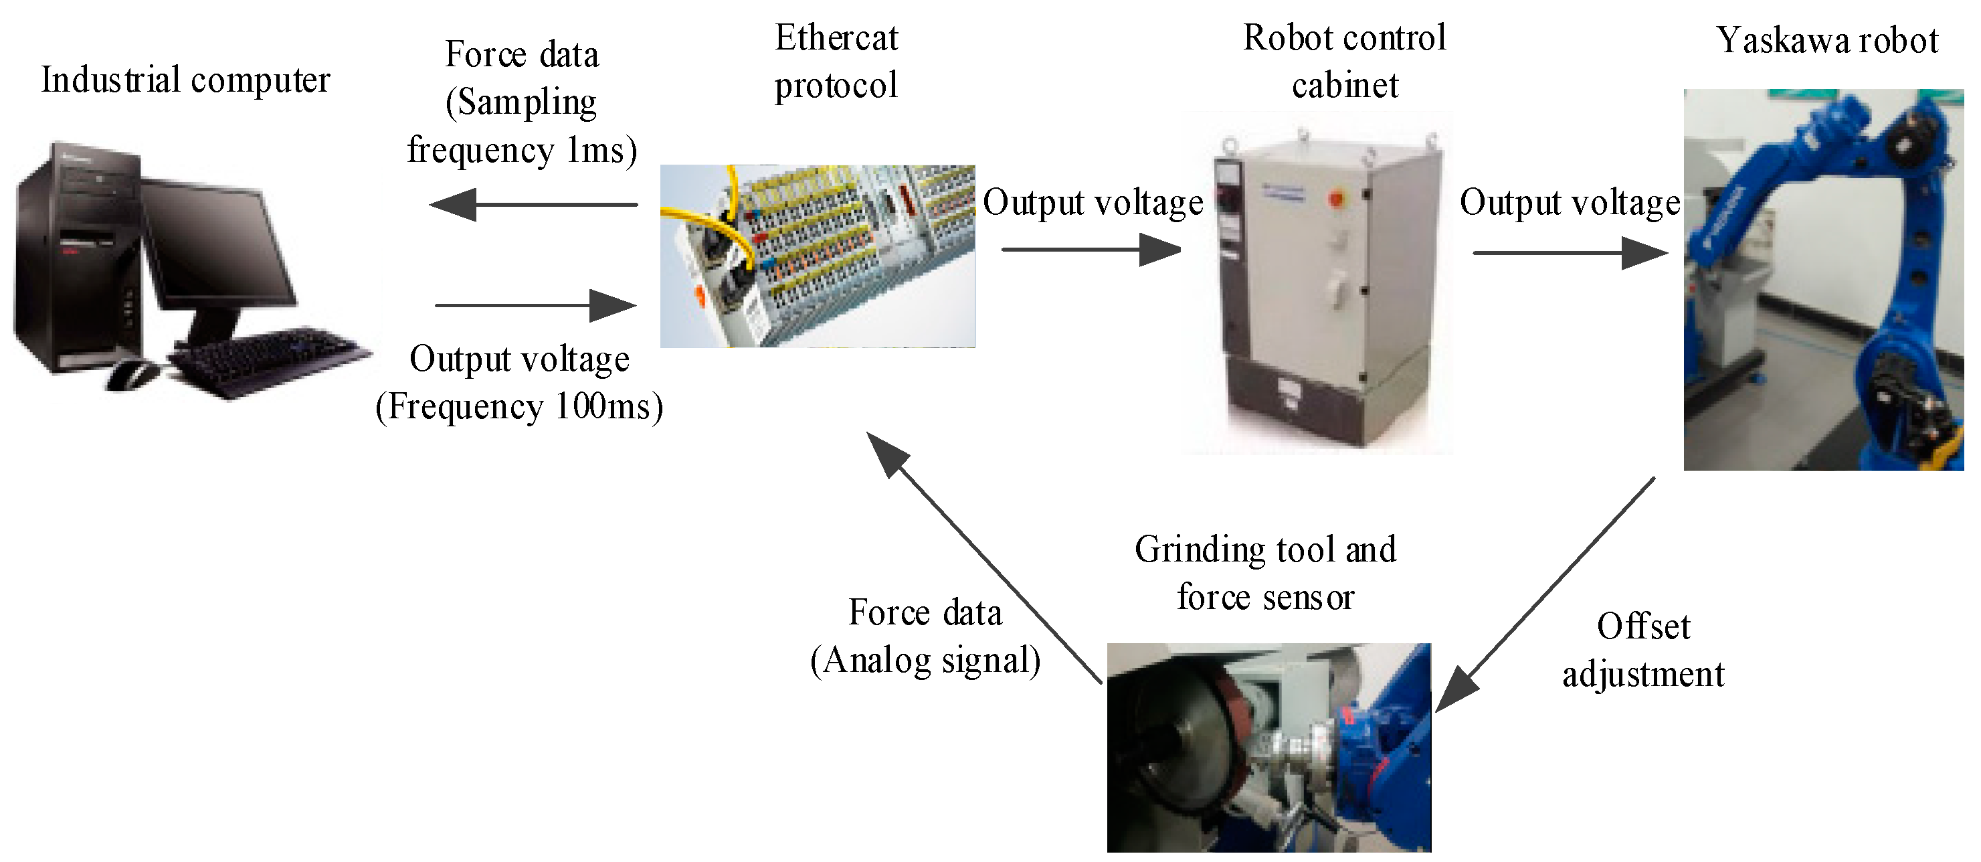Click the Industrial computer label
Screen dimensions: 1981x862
coord(185,80)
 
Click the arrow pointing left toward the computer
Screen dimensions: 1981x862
coord(533,205)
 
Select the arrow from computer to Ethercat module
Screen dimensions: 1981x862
coord(536,305)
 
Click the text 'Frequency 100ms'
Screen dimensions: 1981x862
coord(519,406)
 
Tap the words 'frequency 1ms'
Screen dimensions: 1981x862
coord(522,149)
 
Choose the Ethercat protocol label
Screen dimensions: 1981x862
coord(836,62)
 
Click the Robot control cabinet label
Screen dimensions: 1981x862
coord(1344,62)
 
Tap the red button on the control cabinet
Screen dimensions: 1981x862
coord(1336,198)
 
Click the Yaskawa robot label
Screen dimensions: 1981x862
coord(1827,40)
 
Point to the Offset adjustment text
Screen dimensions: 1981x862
coord(1643,650)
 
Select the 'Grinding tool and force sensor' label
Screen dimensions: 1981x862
coord(1266,573)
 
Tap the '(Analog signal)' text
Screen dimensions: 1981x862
coord(925,660)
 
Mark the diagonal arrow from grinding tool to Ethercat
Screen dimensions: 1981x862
coord(984,557)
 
